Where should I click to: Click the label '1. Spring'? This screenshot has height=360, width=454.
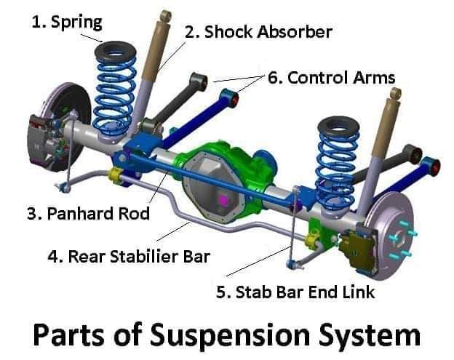point(67,21)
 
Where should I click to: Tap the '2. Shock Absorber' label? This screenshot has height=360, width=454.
point(258,32)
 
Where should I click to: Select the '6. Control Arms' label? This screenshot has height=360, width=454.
point(331,78)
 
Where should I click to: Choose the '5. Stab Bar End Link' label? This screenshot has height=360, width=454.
point(295,292)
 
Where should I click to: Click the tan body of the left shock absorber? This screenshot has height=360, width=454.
point(154,50)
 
